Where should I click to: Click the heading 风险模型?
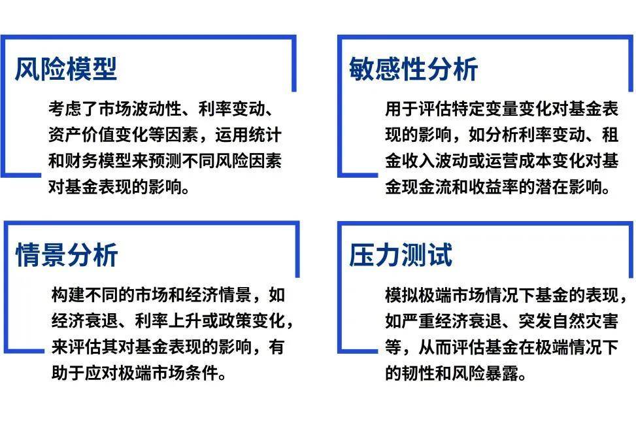[x=66, y=68]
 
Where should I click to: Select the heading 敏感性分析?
[x=414, y=68]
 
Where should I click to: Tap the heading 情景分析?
[x=66, y=254]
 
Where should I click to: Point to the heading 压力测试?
[x=400, y=254]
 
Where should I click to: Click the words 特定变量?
[x=483, y=108]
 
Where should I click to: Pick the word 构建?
[x=65, y=294]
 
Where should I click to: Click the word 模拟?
[x=399, y=294]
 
